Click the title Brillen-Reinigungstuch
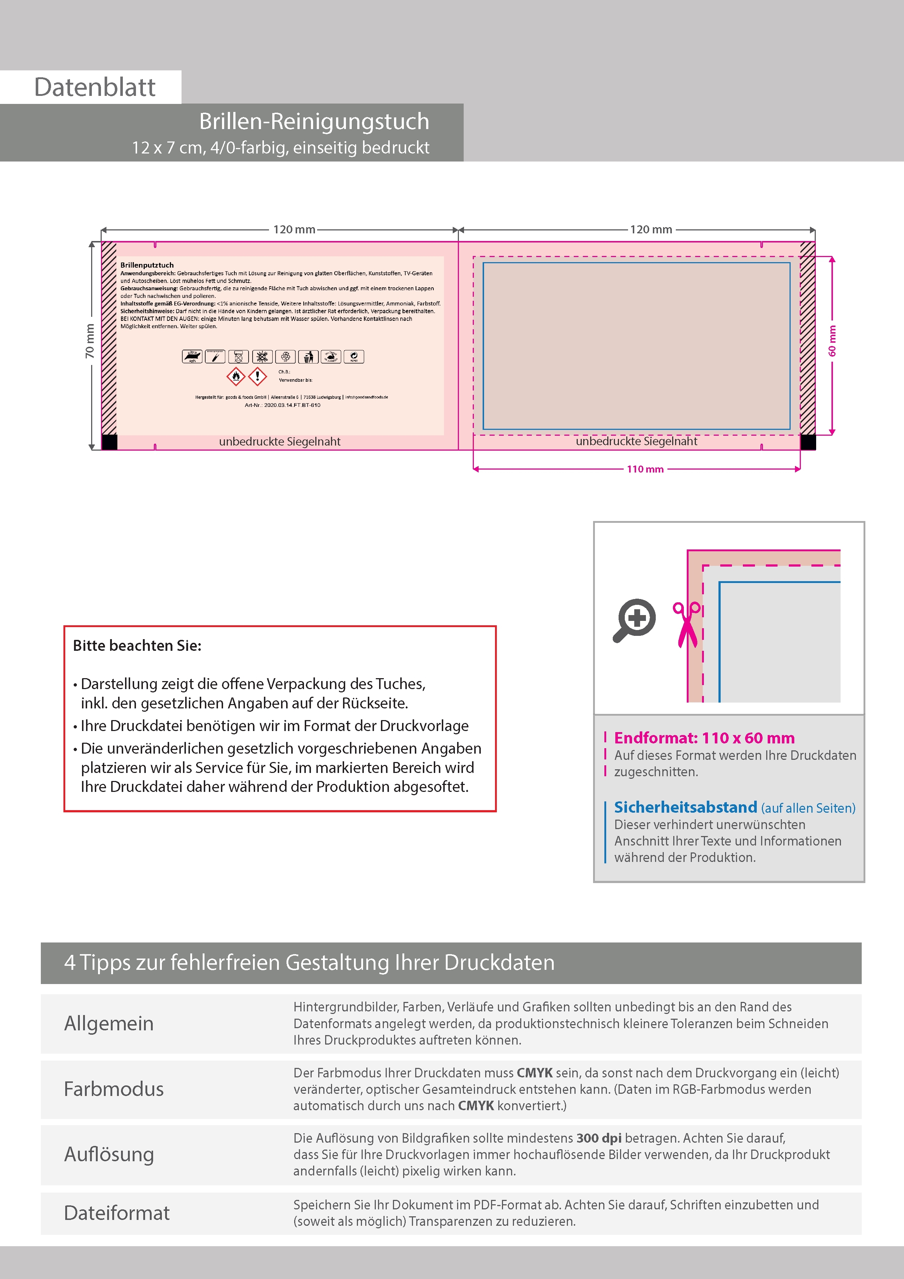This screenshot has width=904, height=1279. [x=314, y=121]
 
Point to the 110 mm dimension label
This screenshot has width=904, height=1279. [x=645, y=469]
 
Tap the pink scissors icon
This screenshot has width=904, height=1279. [x=687, y=624]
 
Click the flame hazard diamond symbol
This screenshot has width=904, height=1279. [x=236, y=377]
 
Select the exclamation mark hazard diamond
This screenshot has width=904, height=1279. [x=257, y=377]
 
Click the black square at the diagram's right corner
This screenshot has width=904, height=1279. [x=808, y=442]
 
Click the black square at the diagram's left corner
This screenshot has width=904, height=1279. [x=110, y=442]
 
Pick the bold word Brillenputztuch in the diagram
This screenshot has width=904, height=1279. [x=147, y=265]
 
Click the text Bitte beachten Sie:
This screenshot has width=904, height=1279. [x=137, y=646]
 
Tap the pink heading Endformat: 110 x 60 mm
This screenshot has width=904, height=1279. [x=704, y=738]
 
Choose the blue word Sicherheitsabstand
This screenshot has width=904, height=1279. [x=685, y=807]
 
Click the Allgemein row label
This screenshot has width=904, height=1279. [x=109, y=1023]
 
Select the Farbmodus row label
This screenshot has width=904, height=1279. [x=114, y=1089]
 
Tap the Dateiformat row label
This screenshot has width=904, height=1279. [x=117, y=1213]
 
